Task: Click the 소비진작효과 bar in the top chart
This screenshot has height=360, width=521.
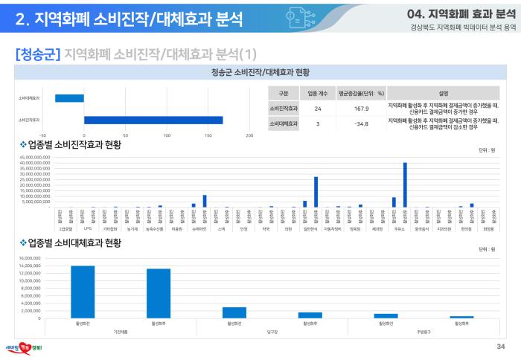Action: [x=153, y=120]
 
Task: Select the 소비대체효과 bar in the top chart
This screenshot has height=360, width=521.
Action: [x=69, y=97]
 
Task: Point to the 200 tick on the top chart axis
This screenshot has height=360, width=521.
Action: [x=249, y=135]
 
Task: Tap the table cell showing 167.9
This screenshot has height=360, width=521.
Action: [x=362, y=108]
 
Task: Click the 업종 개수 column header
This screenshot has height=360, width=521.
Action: [x=318, y=93]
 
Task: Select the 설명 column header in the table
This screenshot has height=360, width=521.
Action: [x=444, y=93]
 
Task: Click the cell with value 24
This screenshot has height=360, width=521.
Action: [x=318, y=108]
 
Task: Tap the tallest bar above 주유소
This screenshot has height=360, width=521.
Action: [x=405, y=184]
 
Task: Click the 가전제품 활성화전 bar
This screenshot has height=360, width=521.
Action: [x=83, y=292]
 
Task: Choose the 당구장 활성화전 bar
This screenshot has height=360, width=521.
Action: [x=234, y=312]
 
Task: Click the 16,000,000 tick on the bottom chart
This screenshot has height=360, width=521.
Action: [x=28, y=257]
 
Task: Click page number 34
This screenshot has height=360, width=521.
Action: [x=500, y=347]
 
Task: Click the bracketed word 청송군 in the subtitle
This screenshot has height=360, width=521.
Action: [x=37, y=54]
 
